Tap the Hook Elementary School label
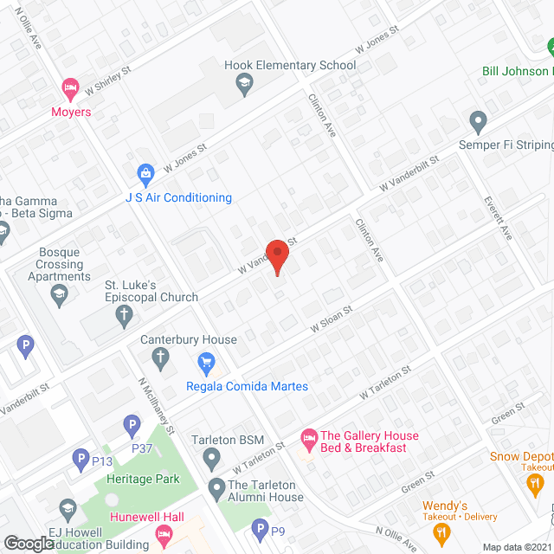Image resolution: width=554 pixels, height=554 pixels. coord(290,65)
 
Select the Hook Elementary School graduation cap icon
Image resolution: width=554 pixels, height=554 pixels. coord(244,84)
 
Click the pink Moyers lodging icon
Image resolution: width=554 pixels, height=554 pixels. coord(70,87)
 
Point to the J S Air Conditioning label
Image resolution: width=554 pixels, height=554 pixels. coord(177,198)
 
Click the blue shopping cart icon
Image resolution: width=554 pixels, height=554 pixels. coord(206,361)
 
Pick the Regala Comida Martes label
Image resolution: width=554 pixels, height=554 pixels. coord(248,386)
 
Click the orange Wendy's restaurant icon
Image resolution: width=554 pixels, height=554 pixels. coord(443,532)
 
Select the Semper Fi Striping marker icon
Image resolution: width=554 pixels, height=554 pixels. coord(476,119)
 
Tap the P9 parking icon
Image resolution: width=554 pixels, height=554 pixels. coord(259,528)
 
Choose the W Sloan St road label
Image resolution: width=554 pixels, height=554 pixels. coord(332,318)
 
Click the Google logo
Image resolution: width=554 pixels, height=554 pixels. coord(29,544)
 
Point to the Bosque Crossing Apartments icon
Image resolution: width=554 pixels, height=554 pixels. coord(59,293)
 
